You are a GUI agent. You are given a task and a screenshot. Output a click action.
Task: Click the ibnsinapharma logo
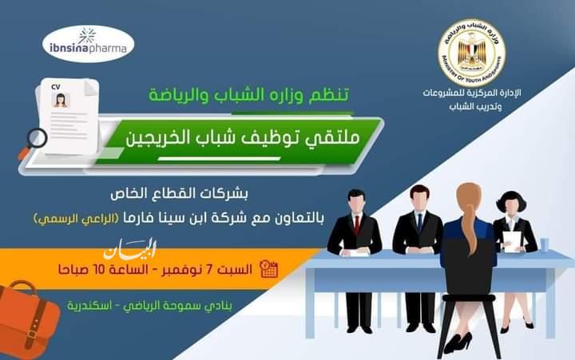pos(88,44)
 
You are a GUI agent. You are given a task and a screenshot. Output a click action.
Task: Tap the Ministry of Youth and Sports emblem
pos(472,53)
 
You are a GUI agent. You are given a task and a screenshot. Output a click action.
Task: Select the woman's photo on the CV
pos(61,100)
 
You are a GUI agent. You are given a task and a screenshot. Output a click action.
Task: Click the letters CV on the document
pos(56,87)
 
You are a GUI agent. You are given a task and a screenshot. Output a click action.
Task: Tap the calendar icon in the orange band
pos(268,270)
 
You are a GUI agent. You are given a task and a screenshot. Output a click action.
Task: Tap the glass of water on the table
pos(545,245)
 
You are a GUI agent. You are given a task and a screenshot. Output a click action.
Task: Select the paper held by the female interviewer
pos(512,241)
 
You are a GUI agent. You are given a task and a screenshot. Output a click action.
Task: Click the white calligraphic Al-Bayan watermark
pos(130,250)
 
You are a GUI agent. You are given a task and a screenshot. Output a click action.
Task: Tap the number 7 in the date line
pos(209,270)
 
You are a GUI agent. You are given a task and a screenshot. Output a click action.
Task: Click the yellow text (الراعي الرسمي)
pos(77,219)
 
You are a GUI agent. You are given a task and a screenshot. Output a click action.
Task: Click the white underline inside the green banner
pos(220,159)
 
